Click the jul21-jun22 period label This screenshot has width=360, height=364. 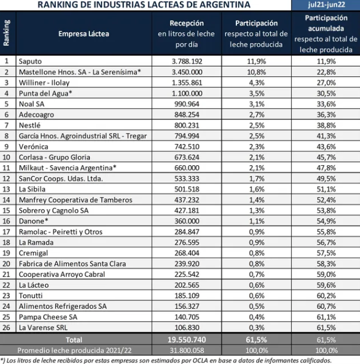[326, 5]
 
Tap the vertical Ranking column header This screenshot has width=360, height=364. [7, 33]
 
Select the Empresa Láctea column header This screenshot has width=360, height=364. [84, 34]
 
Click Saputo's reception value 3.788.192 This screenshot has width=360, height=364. [187, 61]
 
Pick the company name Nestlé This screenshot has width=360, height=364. [29, 126]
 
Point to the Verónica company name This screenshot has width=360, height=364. [34, 147]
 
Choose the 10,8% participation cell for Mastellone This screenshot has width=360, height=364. [257, 72]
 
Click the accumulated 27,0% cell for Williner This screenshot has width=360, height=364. [326, 83]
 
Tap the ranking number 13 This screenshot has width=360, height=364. [6, 189]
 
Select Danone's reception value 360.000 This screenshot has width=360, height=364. [187, 221]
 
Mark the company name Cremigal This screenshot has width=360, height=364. [33, 253]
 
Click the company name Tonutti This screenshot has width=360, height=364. [31, 296]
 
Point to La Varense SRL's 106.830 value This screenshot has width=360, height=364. [187, 327]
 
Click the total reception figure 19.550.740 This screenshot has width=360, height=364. [187, 340]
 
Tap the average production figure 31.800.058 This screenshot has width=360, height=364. [187, 350]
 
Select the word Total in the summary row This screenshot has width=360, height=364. [74, 340]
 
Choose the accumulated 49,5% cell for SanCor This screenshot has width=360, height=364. [326, 178]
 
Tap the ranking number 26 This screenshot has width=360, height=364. [6, 327]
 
